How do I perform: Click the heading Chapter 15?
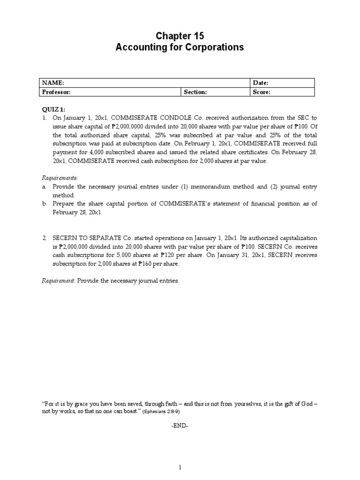[180, 36]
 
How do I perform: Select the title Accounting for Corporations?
[180, 47]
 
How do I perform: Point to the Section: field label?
[195, 92]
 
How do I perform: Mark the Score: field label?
[262, 92]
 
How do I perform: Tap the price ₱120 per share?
[168, 255]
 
